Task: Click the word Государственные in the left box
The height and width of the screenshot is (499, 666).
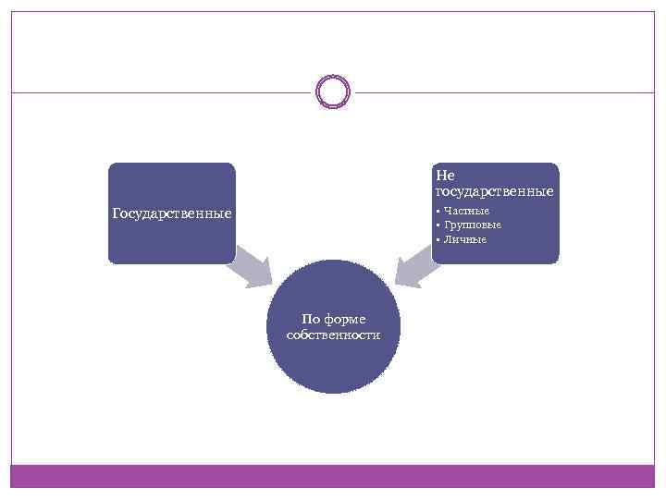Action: pyautogui.click(x=171, y=214)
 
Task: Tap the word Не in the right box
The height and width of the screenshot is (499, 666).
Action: pyautogui.click(x=445, y=176)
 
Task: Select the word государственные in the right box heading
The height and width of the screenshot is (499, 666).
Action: pyautogui.click(x=494, y=191)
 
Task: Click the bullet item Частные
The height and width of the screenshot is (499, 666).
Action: pyautogui.click(x=466, y=212)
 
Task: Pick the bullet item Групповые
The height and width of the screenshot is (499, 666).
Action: pyautogui.click(x=472, y=225)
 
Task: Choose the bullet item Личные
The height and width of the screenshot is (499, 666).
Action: pyautogui.click(x=464, y=239)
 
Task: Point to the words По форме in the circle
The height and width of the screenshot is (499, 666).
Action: pyautogui.click(x=334, y=320)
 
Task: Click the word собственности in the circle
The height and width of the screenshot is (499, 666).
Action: pyautogui.click(x=334, y=335)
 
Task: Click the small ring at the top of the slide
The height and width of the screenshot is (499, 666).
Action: pyautogui.click(x=333, y=91)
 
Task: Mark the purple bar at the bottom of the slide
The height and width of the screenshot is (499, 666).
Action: pyautogui.click(x=333, y=475)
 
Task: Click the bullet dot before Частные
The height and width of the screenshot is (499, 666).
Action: pyautogui.click(x=437, y=212)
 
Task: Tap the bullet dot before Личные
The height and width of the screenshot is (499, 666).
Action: pyautogui.click(x=437, y=240)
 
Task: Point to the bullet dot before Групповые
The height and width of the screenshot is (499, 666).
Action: pyautogui.click(x=437, y=225)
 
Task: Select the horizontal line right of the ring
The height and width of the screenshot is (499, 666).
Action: pyautogui.click(x=504, y=92)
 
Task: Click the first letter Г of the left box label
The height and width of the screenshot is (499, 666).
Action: pyautogui.click(x=117, y=214)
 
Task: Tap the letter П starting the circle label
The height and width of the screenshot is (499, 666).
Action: pyautogui.click(x=307, y=320)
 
